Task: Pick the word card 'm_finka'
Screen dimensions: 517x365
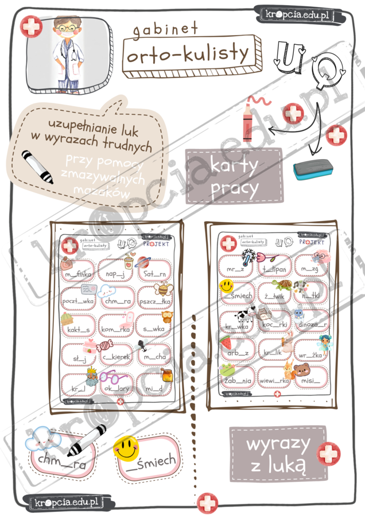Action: coord(79,275)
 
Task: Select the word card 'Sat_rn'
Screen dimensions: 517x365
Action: coord(154,273)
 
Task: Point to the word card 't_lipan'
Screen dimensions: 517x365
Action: coord(274,268)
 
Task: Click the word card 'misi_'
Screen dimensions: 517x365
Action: coord(310,380)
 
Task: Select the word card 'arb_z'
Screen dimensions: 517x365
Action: coord(237,352)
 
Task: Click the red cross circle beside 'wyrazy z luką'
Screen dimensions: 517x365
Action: coord(329,453)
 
